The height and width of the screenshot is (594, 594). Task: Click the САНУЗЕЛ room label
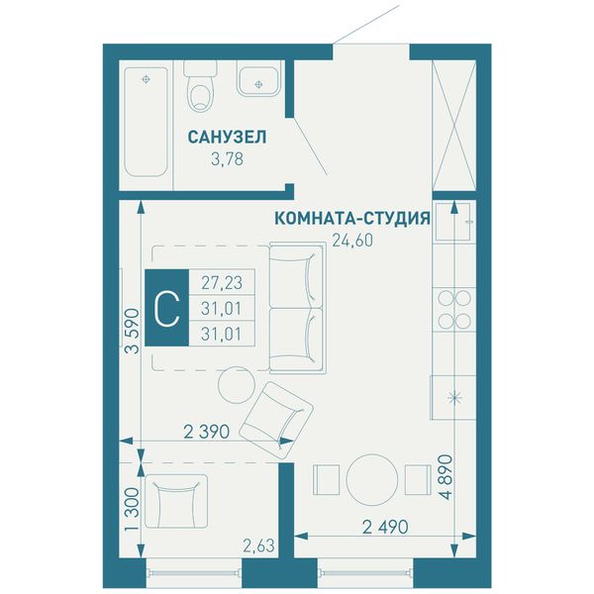pos(227,138)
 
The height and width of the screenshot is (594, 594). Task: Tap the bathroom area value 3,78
pos(227,159)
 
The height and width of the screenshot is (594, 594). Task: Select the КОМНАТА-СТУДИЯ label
pos(352,218)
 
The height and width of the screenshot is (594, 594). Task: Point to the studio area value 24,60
pos(352,241)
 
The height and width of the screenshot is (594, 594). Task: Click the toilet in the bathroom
pos(200,86)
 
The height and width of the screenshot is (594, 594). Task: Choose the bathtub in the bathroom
pos(146,122)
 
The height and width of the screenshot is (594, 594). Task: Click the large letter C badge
pos(167,308)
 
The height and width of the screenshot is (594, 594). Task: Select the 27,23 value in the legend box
pos(222,282)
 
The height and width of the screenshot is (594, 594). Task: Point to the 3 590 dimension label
pos(133,331)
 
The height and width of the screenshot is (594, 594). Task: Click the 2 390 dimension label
pos(207,432)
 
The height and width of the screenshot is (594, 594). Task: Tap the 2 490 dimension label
pos(385,527)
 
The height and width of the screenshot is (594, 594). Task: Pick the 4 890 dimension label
pos(447,477)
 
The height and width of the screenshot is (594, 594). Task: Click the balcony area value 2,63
pos(258,545)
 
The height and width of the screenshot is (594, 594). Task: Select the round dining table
pos(372,480)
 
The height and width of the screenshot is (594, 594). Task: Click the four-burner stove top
pos(454,310)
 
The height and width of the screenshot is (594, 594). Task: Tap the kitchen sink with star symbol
pos(453,397)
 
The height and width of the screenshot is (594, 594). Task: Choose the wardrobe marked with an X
pos(454,125)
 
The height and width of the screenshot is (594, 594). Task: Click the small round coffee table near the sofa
pos(237,385)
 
